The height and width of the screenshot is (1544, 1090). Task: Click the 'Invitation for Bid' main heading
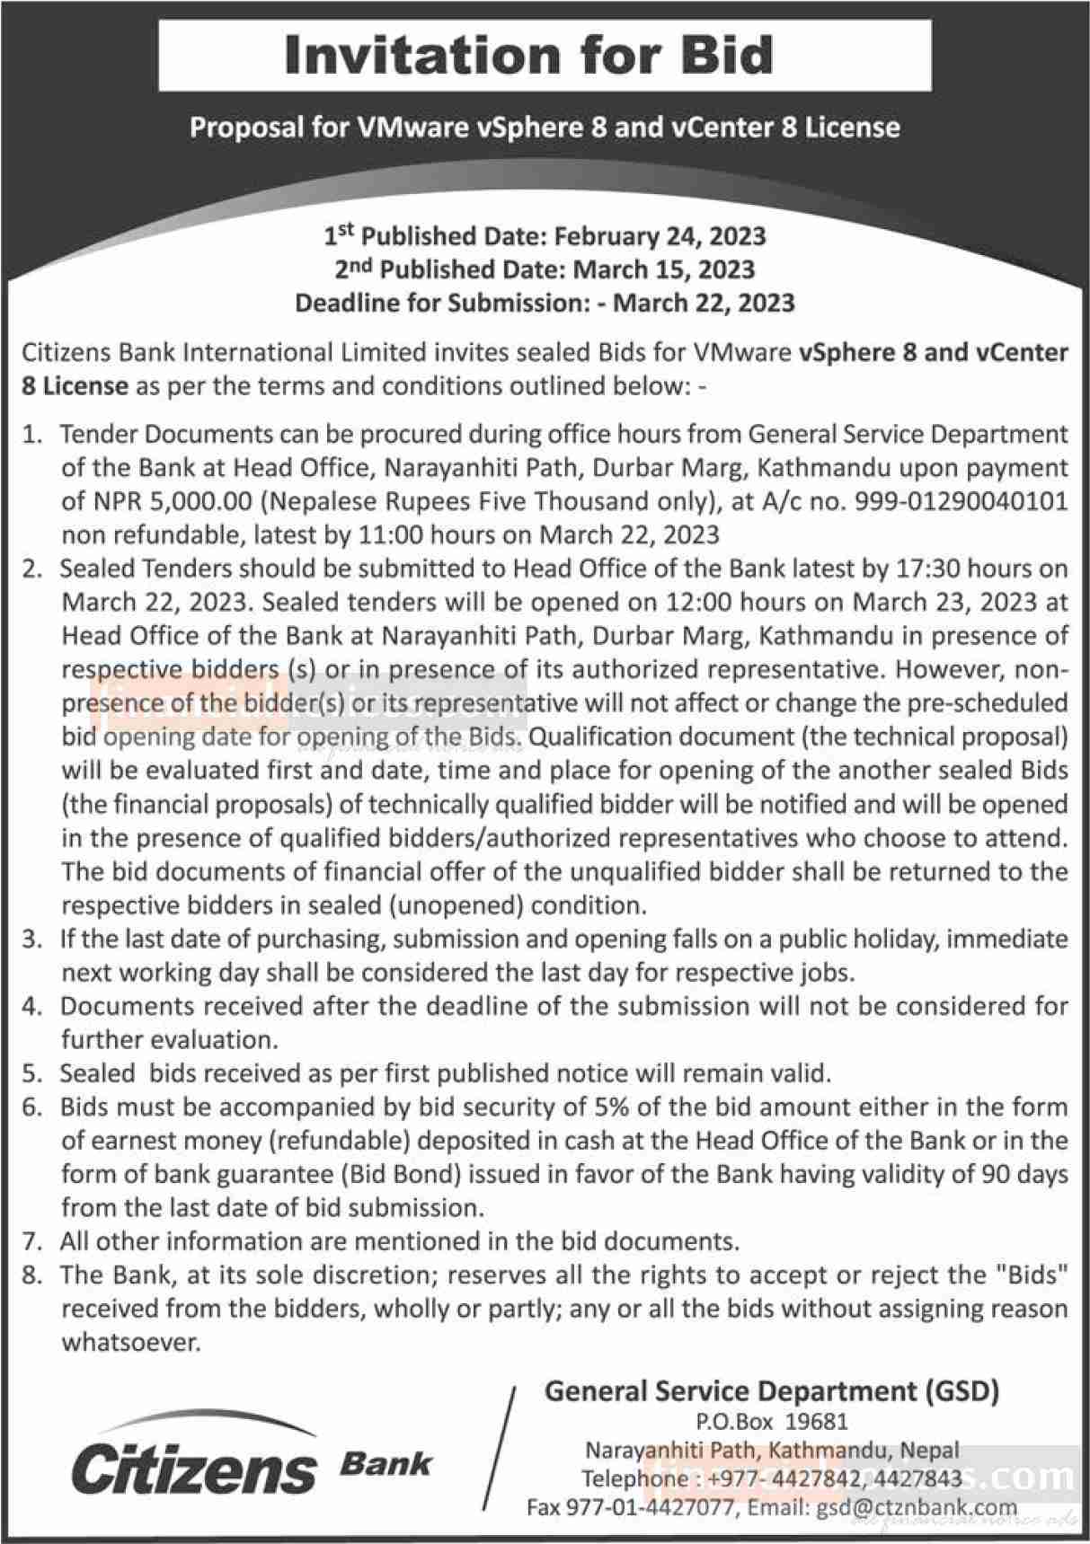click(528, 56)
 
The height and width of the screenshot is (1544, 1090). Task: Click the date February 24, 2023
click(660, 236)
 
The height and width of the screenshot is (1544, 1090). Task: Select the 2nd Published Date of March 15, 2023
click(664, 269)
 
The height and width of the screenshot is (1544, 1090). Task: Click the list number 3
click(33, 940)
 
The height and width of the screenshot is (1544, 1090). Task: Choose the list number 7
click(33, 1242)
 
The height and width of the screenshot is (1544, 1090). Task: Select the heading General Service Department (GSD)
click(772, 1391)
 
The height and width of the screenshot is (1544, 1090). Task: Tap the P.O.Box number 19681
click(818, 1423)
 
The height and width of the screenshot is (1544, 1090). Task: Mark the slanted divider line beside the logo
click(500, 1455)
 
